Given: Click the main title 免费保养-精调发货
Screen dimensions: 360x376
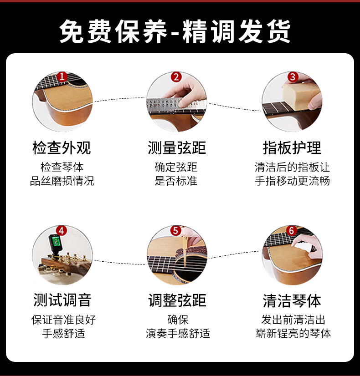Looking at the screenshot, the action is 175,31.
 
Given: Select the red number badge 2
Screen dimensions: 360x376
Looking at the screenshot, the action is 176,77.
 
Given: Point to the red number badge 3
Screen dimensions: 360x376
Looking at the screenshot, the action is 292,77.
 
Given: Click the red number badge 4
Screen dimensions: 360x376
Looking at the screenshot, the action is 62,231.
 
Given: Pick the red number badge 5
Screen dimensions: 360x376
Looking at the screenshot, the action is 176,231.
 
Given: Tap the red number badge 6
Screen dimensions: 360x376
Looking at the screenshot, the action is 292,231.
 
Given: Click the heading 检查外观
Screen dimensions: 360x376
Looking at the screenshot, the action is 62,148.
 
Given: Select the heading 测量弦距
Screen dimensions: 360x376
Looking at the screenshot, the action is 177,148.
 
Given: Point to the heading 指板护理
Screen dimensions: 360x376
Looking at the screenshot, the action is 292,148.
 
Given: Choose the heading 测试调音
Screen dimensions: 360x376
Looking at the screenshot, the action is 62,300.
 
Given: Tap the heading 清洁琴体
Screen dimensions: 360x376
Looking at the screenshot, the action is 292,300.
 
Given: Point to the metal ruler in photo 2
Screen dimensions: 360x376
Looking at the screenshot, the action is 175,104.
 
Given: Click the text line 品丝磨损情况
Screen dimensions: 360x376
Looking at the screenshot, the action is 62,181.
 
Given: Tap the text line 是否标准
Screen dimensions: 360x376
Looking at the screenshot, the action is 176,181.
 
